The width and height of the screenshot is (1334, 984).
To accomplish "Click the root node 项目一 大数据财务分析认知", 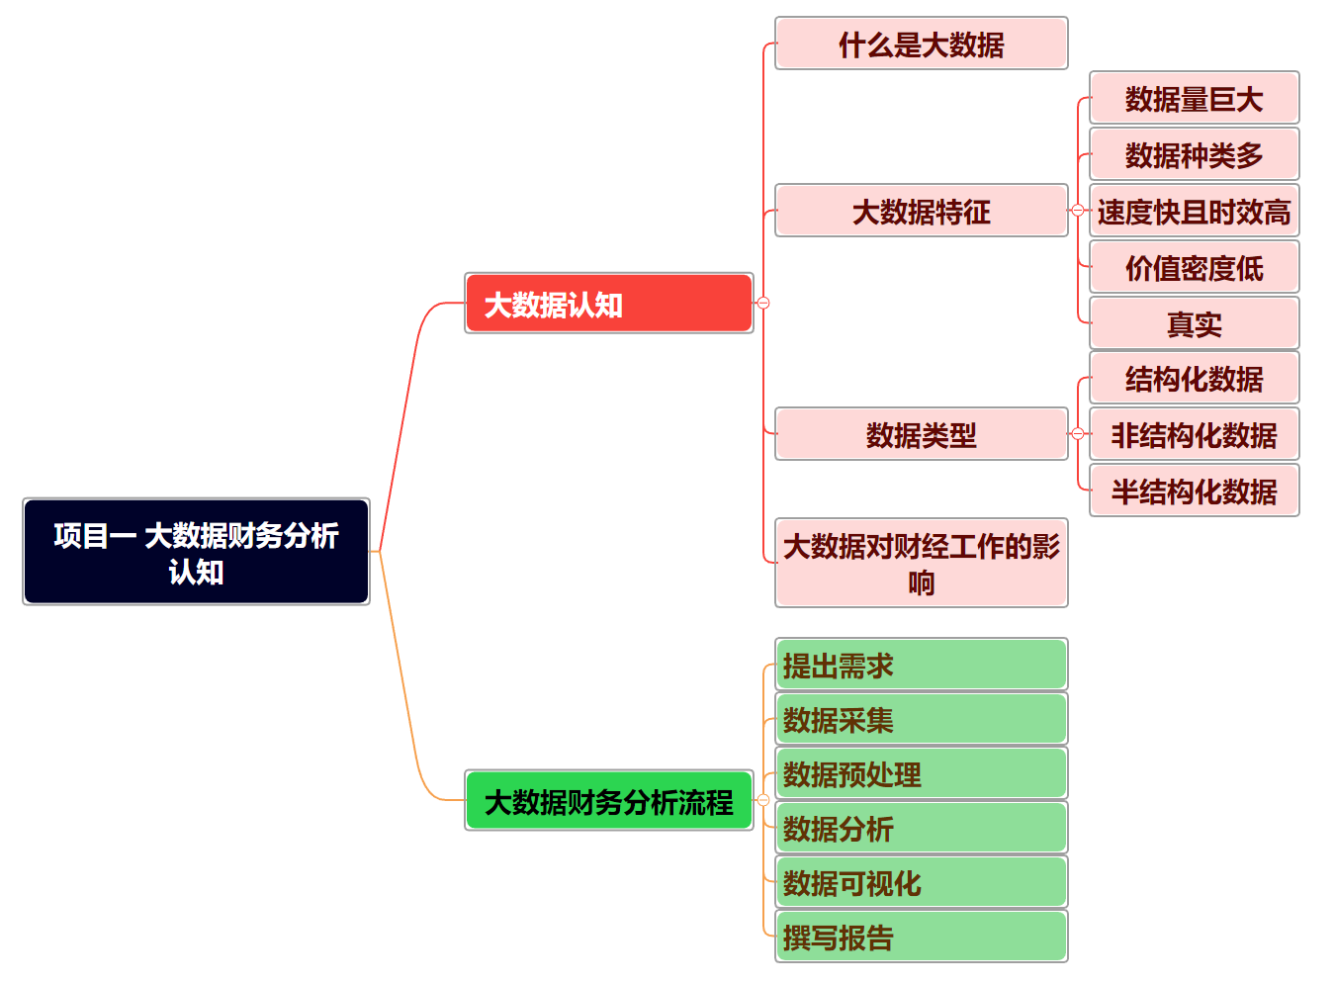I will coord(196,552).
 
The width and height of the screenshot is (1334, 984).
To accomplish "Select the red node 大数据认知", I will coord(608,304).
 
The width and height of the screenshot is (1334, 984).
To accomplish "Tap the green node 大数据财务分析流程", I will coord(608,801).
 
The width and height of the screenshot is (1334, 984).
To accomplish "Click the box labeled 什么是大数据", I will coord(921,44).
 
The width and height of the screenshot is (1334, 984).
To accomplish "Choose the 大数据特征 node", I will coord(921,211).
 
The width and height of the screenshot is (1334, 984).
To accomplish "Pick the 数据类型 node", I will coord(921,434).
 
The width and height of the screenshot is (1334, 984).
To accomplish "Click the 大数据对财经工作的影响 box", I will coord(921,563).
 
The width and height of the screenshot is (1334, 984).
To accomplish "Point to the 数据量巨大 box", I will coord(1194,98).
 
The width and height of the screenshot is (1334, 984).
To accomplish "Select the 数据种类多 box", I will coord(1194,154).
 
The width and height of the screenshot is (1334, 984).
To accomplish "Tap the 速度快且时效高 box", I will coord(1194,211).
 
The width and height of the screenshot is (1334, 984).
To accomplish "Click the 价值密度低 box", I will coord(1194,267).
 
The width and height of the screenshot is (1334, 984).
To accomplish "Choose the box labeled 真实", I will coord(1194,323).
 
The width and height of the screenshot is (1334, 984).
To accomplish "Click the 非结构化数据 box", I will coord(1194,434).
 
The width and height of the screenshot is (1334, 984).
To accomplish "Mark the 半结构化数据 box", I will coord(1194,491).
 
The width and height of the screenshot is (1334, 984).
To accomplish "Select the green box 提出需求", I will coord(921,665).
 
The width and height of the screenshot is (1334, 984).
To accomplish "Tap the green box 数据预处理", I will coord(921,773).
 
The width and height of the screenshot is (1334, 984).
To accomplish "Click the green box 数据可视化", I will coord(921,882).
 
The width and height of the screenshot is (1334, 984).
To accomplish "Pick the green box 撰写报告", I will coord(921,937).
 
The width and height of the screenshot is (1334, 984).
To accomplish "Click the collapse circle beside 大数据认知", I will coord(763,303).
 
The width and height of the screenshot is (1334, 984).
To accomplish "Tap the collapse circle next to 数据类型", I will coord(1078,434).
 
